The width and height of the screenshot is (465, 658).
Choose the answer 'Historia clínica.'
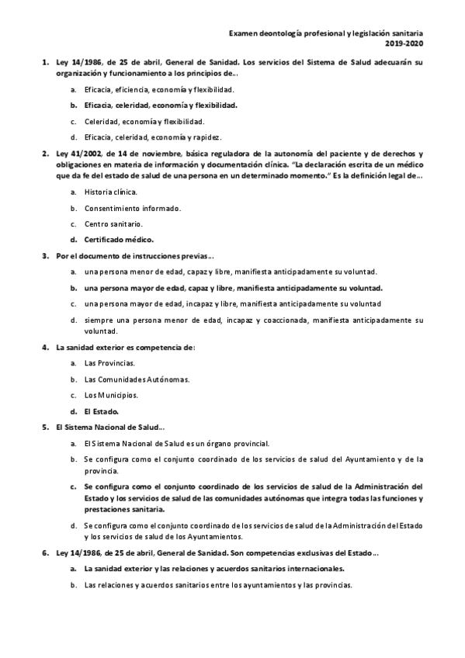[x=112, y=192]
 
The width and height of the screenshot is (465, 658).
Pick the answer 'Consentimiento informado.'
[x=133, y=208]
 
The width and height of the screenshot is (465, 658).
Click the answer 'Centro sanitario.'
[x=113, y=223]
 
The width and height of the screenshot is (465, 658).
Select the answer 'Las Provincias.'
[x=109, y=363]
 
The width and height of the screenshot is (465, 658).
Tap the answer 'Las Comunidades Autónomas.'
[x=137, y=379]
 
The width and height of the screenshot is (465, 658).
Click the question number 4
[x=44, y=347]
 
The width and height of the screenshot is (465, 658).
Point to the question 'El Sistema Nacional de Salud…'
[x=110, y=428]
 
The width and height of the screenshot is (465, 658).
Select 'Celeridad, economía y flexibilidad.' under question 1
[x=144, y=121]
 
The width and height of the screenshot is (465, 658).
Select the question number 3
[x=44, y=256]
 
